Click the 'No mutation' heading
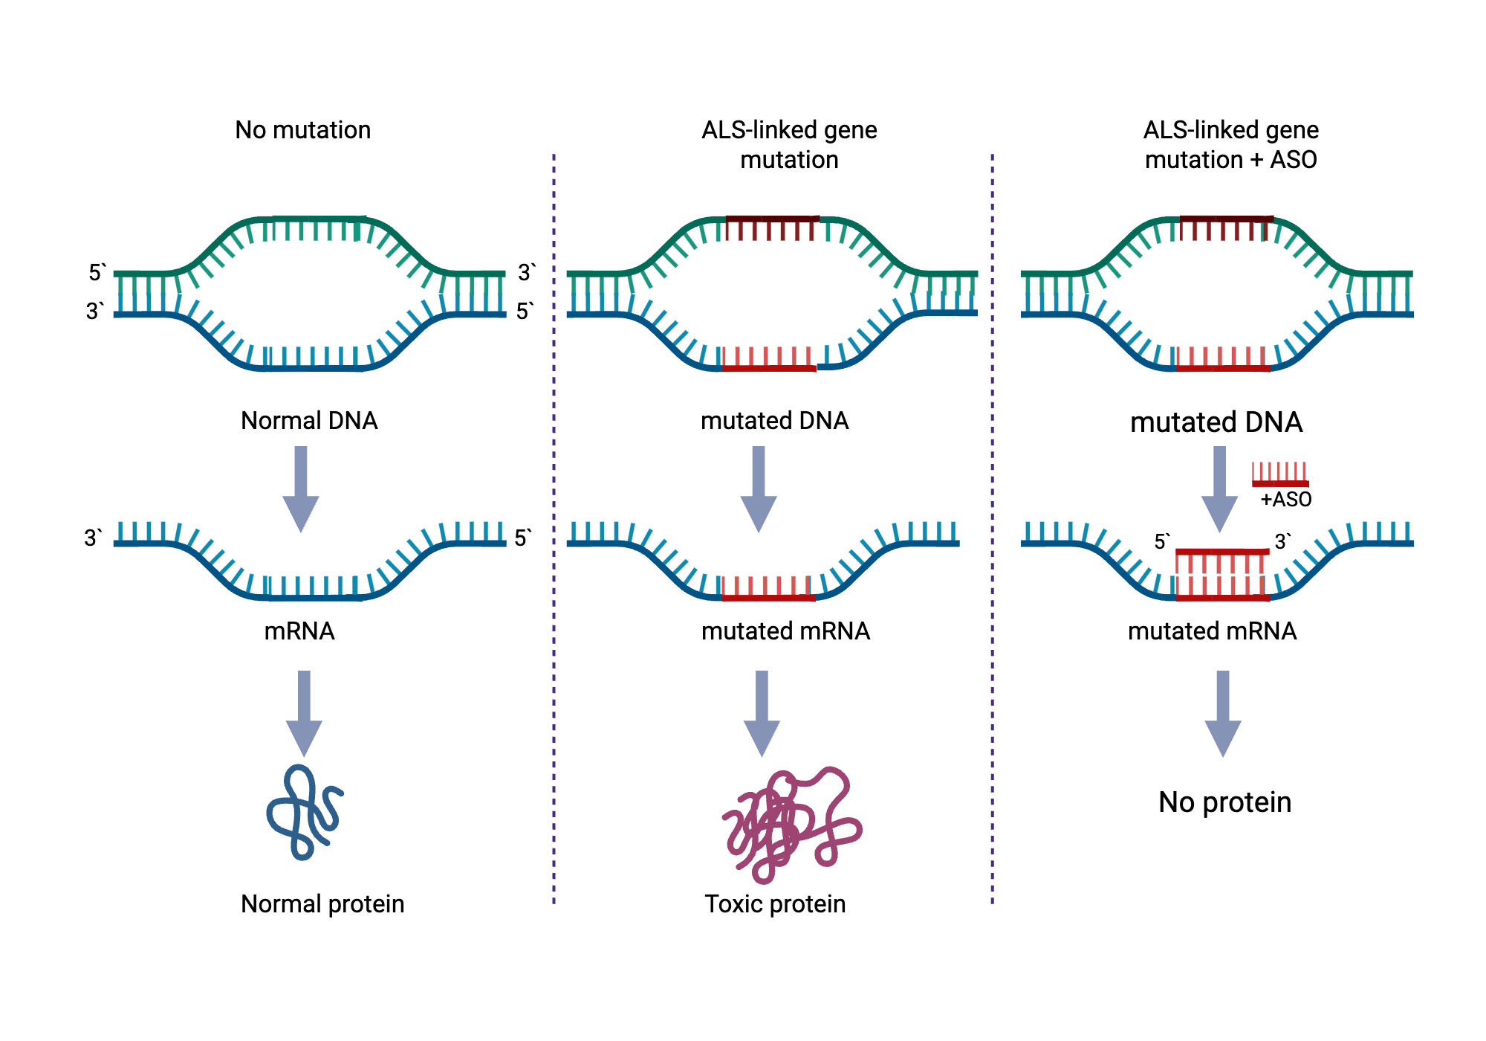(x=302, y=130)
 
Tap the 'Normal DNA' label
(x=309, y=421)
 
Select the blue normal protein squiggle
(x=303, y=813)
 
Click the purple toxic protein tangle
(x=790, y=824)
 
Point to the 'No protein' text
(x=1224, y=802)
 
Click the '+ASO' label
(x=1285, y=500)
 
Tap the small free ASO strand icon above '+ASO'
(x=1279, y=475)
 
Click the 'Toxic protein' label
(x=775, y=904)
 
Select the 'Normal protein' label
(x=322, y=904)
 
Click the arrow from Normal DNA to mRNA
(x=301, y=489)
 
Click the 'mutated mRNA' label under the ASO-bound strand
(x=1212, y=631)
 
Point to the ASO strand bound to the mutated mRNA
(x=1222, y=552)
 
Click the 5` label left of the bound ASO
(x=1161, y=542)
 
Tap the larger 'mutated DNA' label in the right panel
(x=1216, y=422)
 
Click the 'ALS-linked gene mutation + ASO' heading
(x=1230, y=145)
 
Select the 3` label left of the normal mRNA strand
(x=93, y=538)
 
